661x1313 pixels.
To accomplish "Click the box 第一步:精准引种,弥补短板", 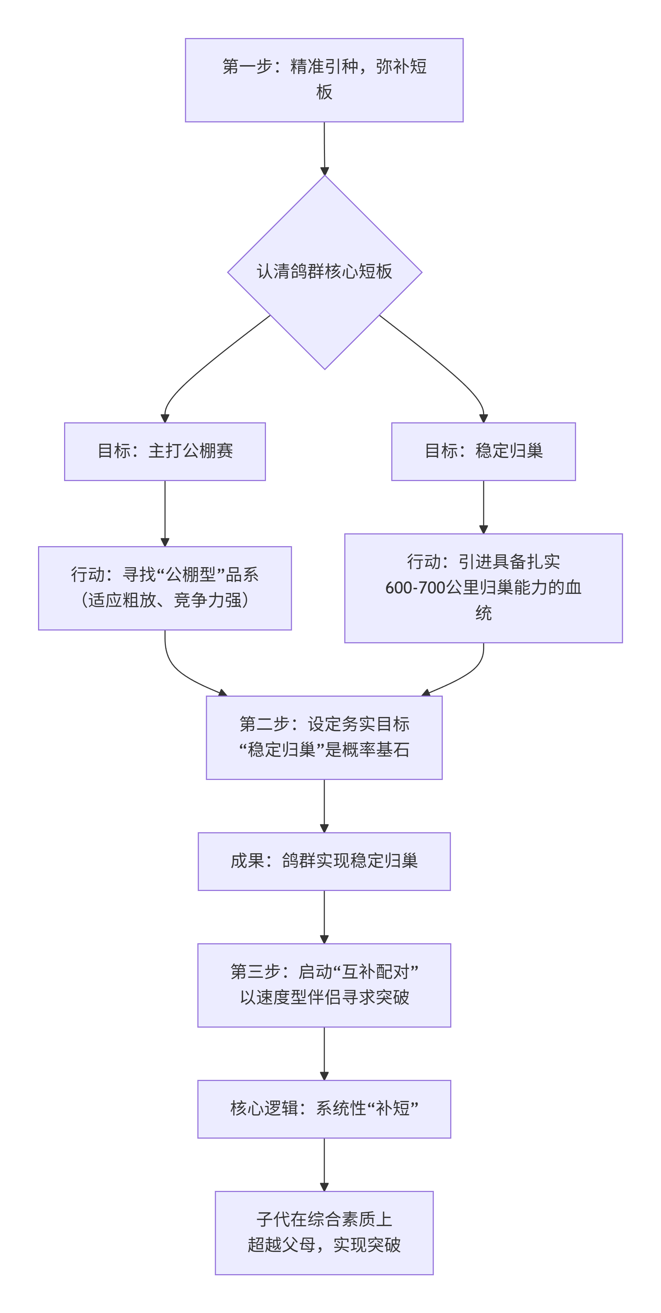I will [324, 80].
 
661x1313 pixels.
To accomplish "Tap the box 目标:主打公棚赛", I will [165, 451].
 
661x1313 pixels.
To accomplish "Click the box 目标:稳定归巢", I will [483, 451].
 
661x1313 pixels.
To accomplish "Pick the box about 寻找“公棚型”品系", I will [165, 588].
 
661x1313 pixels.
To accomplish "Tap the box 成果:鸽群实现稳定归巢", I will [324, 861].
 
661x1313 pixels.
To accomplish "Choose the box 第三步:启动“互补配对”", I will [324, 985].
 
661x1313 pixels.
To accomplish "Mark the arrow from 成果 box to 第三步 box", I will [324, 917].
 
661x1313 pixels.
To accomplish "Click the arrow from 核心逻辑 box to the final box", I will [324, 1164].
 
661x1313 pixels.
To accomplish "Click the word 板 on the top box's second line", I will [324, 92].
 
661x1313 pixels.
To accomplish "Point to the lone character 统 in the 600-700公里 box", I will [483, 613].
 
